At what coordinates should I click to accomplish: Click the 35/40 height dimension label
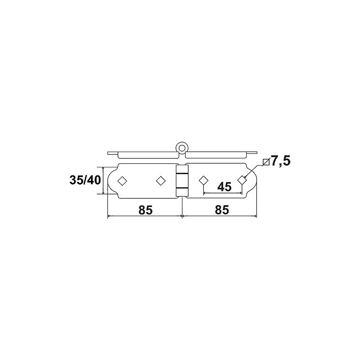pos(85,180)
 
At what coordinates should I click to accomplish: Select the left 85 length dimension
pos(145,210)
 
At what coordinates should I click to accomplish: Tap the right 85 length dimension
pos(222,210)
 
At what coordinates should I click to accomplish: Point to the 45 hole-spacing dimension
pos(224,187)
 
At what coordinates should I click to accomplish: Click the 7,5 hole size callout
pos(280,161)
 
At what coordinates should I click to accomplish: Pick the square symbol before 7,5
pos(266,162)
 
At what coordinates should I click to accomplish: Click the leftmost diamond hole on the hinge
pos(122,181)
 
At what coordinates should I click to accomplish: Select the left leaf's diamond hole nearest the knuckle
pos(161,181)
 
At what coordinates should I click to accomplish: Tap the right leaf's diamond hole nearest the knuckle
pos(203,180)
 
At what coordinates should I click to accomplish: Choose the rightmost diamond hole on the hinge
pos(242,180)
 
